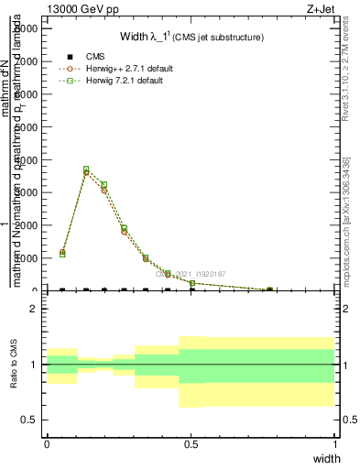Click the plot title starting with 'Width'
pyautogui.click(x=192, y=38)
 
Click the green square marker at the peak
pyautogui.click(x=86, y=169)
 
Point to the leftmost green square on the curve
pyautogui.click(x=62, y=254)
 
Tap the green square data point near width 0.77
pyautogui.click(x=269, y=289)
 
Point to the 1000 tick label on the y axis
pyautogui.click(x=27, y=258)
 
